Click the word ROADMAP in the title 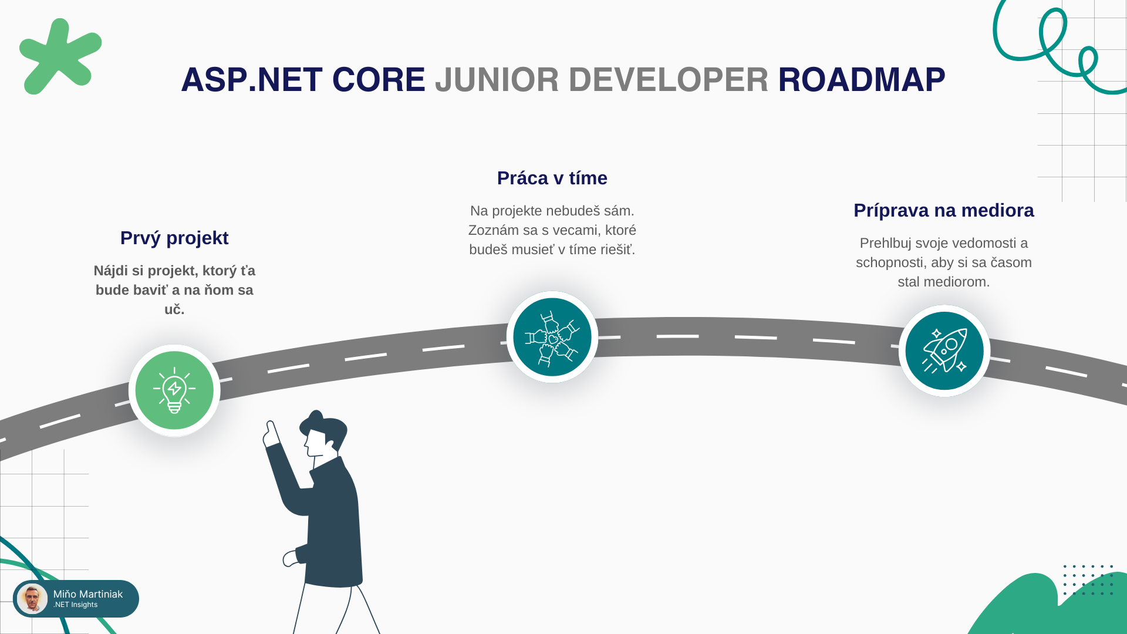(x=861, y=80)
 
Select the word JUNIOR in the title (x=497, y=80)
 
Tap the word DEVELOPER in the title (x=668, y=80)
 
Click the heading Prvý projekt (x=174, y=238)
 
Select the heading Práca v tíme (x=552, y=178)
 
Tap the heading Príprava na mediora (x=943, y=210)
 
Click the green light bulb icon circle (x=174, y=390)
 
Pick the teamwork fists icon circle (x=552, y=337)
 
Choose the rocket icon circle (x=944, y=350)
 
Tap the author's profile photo (x=32, y=599)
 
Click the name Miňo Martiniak (x=88, y=594)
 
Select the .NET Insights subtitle (x=75, y=605)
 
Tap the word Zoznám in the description (x=492, y=230)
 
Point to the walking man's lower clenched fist (x=291, y=558)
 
